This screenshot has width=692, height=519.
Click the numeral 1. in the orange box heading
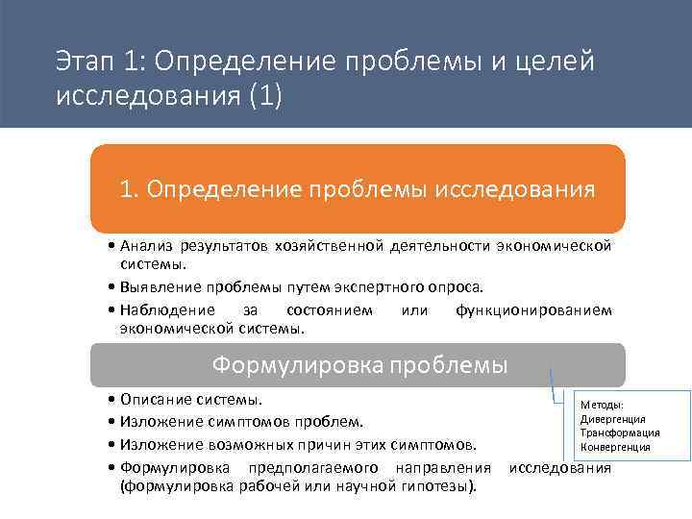(132, 188)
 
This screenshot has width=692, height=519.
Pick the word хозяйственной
(329, 247)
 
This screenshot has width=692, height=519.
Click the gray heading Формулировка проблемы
(359, 365)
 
